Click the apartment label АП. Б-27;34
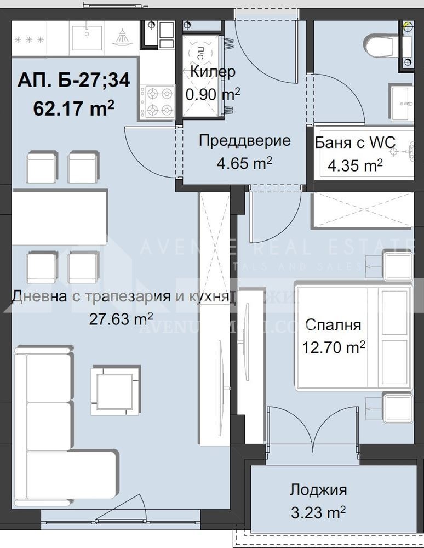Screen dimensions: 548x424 click(73, 81)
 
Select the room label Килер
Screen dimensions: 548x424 click(213, 72)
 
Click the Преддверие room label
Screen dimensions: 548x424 click(236, 141)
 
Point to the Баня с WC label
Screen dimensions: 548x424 click(355, 143)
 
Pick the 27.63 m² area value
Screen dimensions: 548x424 click(121, 319)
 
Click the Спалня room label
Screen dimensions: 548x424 click(333, 325)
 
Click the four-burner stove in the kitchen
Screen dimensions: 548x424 click(157, 101)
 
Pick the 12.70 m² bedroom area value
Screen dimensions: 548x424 click(333, 347)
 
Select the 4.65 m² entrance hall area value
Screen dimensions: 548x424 click(236, 163)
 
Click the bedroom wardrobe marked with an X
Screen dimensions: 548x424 click(362, 209)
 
